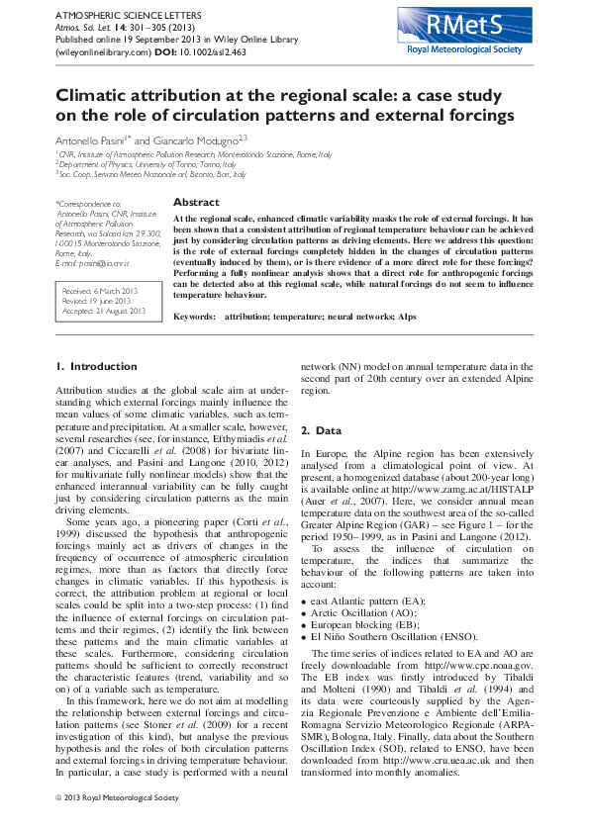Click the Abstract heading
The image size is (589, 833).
pos(196,202)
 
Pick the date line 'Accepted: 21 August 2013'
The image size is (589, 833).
pos(105,311)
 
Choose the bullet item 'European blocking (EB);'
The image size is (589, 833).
pos(365,626)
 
